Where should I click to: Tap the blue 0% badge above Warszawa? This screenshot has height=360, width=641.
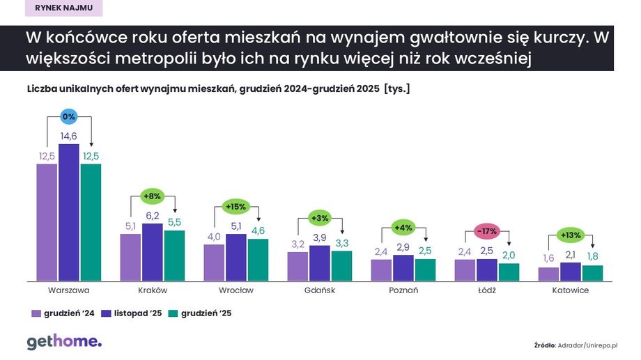point(69,117)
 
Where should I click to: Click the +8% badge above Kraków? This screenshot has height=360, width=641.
point(153,196)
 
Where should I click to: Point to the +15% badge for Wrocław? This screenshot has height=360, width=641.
point(236,206)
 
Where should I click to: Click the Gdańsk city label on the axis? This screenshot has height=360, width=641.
point(320,290)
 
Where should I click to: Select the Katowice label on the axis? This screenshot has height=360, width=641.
point(571,290)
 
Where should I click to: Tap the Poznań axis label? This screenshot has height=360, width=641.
point(403,290)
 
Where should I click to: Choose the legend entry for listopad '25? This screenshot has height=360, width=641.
point(132,313)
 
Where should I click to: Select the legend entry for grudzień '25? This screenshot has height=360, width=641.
point(200,313)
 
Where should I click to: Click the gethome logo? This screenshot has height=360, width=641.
point(64,342)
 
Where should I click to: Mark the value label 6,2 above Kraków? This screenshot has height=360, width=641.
point(153,216)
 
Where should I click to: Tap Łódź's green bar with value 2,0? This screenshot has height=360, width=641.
point(509,272)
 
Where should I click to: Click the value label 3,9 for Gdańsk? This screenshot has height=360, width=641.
point(320,238)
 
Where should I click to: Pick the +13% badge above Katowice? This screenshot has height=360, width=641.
point(571,235)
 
